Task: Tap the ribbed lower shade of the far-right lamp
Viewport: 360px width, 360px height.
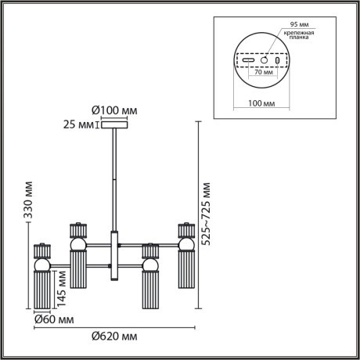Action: click(185, 274)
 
